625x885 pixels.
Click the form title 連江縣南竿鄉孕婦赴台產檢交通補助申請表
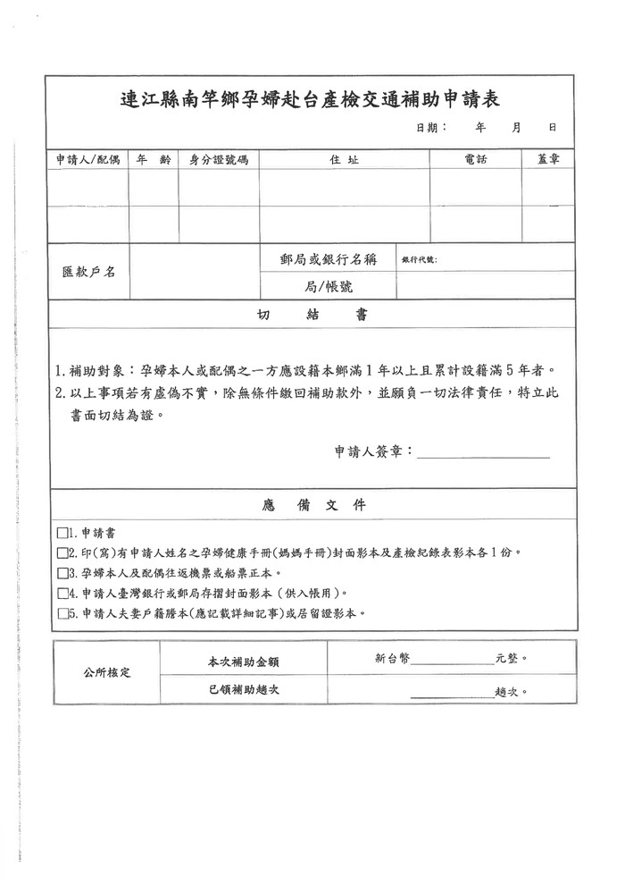310,99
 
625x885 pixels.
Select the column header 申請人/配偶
87,160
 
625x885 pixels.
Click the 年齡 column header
153,160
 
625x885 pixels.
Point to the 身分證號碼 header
218,160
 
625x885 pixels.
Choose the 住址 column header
344,160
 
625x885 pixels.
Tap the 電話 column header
476,160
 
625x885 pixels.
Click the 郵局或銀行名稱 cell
328,259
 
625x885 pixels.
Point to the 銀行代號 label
419,259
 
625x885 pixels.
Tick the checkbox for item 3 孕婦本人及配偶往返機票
62,573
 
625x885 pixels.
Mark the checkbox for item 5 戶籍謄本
62,614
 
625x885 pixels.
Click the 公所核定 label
106,671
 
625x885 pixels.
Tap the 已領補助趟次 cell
243,690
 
